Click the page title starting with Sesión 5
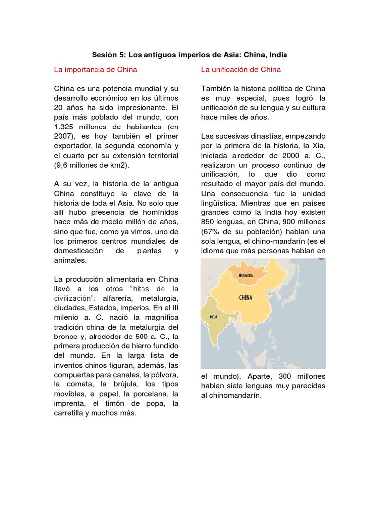coord(190,54)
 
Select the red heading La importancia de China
coord(95,69)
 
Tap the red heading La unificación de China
coord(241,69)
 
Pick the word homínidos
coord(153,212)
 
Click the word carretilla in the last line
coord(71,413)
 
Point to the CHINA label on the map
coord(246,297)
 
